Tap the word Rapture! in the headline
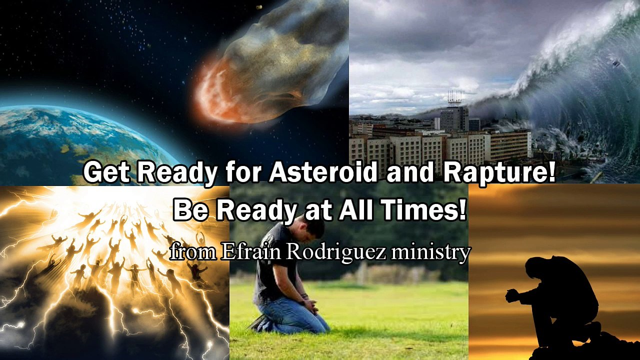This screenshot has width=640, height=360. [499, 172]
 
